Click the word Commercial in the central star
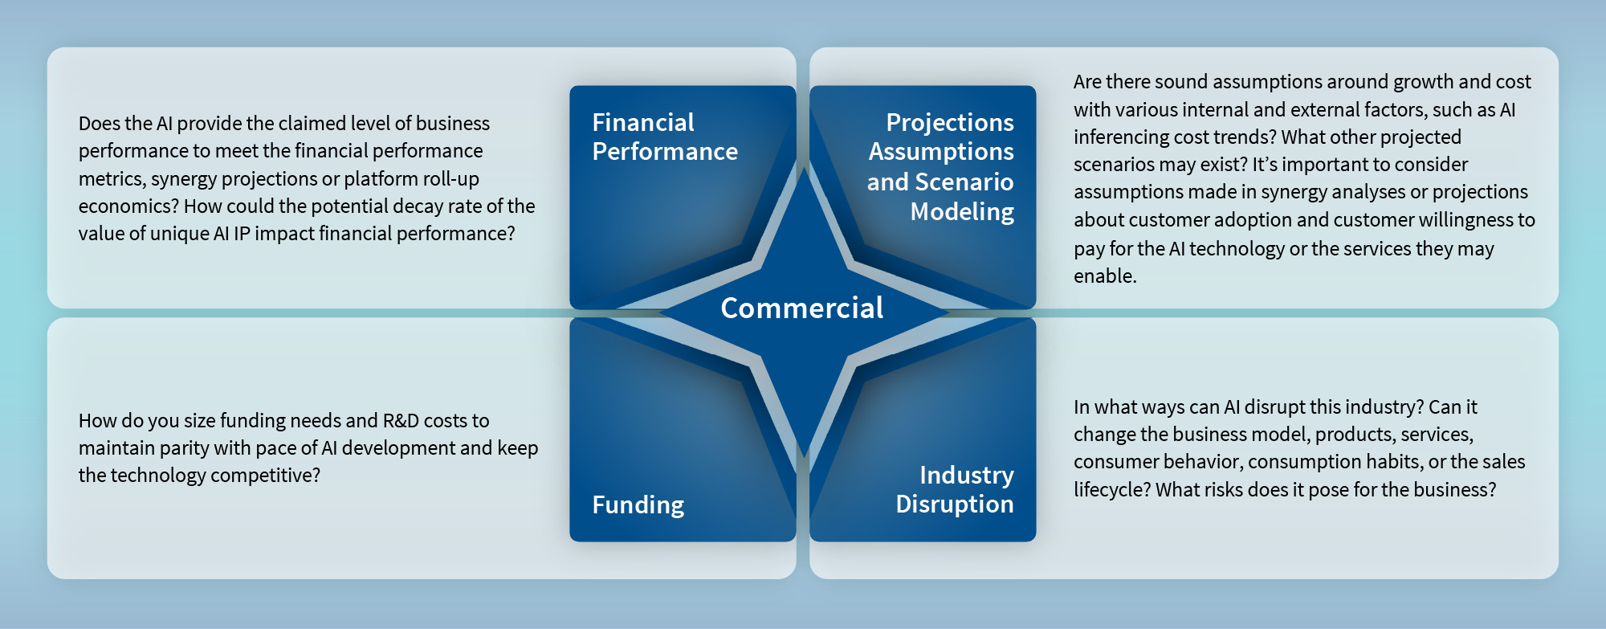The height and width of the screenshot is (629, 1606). coord(801,308)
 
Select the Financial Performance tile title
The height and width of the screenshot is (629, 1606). coord(664,137)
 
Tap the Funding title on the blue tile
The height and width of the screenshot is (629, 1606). coord(638,504)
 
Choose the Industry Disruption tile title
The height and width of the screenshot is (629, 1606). coord(954,489)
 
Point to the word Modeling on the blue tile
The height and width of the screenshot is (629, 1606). coord(962,211)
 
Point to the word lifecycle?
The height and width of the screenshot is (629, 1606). coord(1112,489)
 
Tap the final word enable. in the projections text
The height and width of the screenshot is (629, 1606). coord(1105,276)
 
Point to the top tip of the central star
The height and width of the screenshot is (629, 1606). coord(804,166)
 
